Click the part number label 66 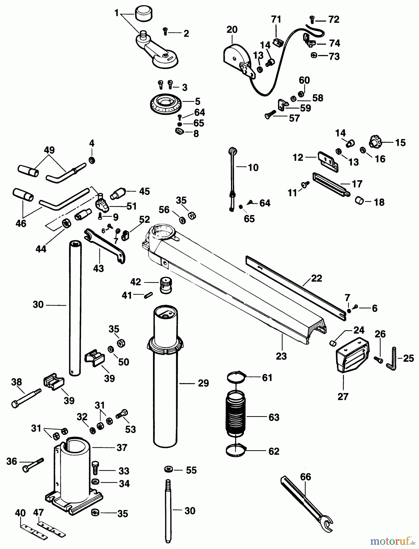[x=305, y=477]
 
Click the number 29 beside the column [x=203, y=383]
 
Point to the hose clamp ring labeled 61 [x=236, y=378]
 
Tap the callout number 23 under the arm [x=281, y=356]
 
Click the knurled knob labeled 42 [x=166, y=285]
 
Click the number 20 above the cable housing [x=232, y=30]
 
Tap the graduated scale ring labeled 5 [x=166, y=105]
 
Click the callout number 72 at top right [x=334, y=20]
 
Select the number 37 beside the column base [x=122, y=448]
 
